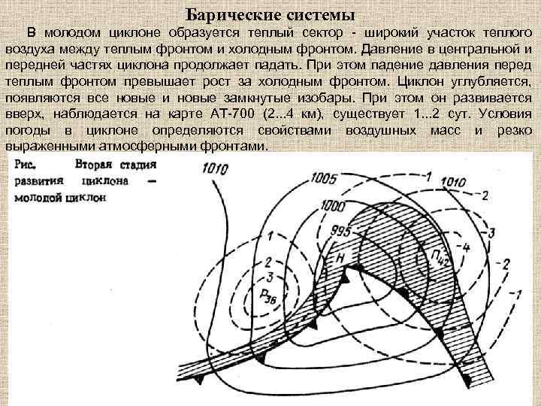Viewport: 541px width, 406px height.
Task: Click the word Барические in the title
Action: (228, 14)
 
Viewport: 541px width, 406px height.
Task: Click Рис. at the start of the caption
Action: (28, 164)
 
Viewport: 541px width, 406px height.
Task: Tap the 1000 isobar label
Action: (332, 205)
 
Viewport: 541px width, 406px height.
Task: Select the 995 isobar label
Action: (340, 231)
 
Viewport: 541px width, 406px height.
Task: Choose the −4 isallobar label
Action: (464, 246)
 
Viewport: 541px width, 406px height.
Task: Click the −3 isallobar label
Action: (490, 232)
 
